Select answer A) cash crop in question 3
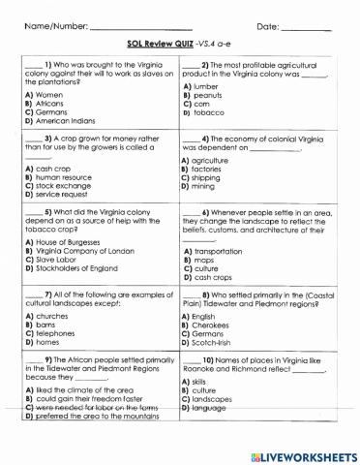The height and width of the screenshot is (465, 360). coord(52,169)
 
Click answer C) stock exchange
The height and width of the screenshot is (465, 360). coord(64,186)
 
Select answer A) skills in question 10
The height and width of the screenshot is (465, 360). coord(200,383)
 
